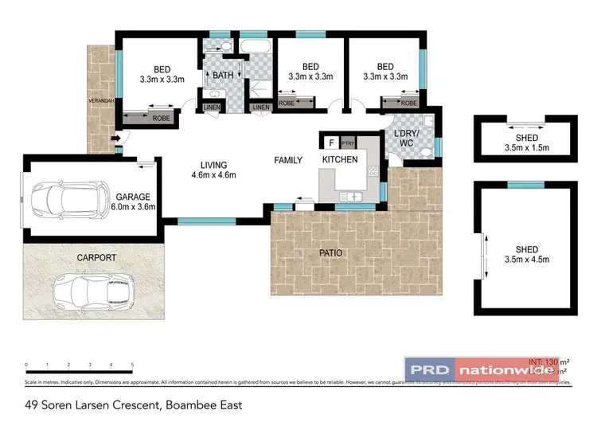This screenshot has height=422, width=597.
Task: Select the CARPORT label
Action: pyautogui.click(x=96, y=258)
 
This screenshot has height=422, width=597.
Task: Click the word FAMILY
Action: pyautogui.click(x=288, y=161)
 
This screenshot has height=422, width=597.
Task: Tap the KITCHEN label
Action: pyautogui.click(x=340, y=160)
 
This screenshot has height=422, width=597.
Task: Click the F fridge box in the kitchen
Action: pyautogui.click(x=330, y=143)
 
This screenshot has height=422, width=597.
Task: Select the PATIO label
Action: pyautogui.click(x=330, y=253)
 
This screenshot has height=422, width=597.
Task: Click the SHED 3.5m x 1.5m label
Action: pyautogui.click(x=526, y=143)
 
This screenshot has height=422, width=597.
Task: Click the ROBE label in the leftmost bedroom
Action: pyautogui.click(x=162, y=118)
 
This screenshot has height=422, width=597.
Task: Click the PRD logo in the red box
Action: pyautogui.click(x=430, y=369)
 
